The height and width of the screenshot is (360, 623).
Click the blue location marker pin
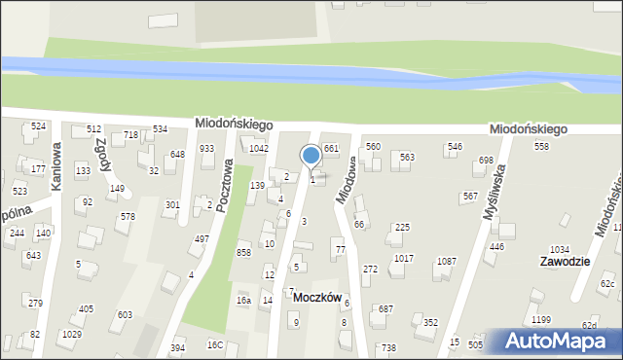click(x=311, y=156)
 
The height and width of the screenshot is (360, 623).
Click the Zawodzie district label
click(x=567, y=263)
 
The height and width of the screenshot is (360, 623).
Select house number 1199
click(x=541, y=320)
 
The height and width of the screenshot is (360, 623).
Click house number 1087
click(x=446, y=261)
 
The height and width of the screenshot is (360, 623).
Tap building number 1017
click(x=404, y=258)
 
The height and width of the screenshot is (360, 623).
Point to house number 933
click(x=206, y=148)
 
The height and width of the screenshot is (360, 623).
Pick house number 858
click(x=243, y=252)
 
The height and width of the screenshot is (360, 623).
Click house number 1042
click(x=258, y=148)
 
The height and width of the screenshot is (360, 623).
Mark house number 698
click(x=487, y=160)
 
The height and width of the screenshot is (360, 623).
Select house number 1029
click(x=71, y=335)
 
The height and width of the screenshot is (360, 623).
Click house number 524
click(x=38, y=126)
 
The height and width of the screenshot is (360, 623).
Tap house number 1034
click(x=560, y=250)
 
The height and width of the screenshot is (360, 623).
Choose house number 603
click(x=125, y=315)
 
